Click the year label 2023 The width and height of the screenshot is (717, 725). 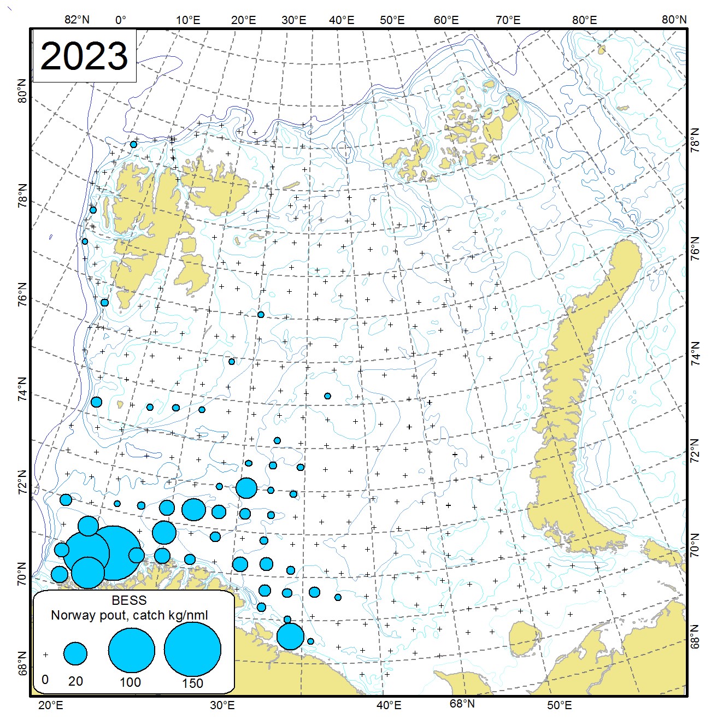point(84,56)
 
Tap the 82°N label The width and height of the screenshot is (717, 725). point(77,20)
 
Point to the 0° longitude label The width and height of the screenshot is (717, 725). point(121,20)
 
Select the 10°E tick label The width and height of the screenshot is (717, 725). point(187,20)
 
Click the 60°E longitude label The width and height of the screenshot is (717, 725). point(446,20)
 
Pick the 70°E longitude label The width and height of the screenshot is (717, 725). point(508,20)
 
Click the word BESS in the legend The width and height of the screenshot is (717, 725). point(129,600)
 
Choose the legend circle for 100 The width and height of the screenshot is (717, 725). point(131,650)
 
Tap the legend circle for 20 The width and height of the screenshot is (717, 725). point(75,653)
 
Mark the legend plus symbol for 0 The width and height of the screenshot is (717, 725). point(46,654)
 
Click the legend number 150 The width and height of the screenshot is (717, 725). point(192,683)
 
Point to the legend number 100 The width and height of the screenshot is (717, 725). point(130,682)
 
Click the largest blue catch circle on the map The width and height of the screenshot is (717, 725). point(113,552)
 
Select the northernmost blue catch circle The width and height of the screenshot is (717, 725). point(133,144)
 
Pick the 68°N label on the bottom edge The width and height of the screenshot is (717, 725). point(462,704)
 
